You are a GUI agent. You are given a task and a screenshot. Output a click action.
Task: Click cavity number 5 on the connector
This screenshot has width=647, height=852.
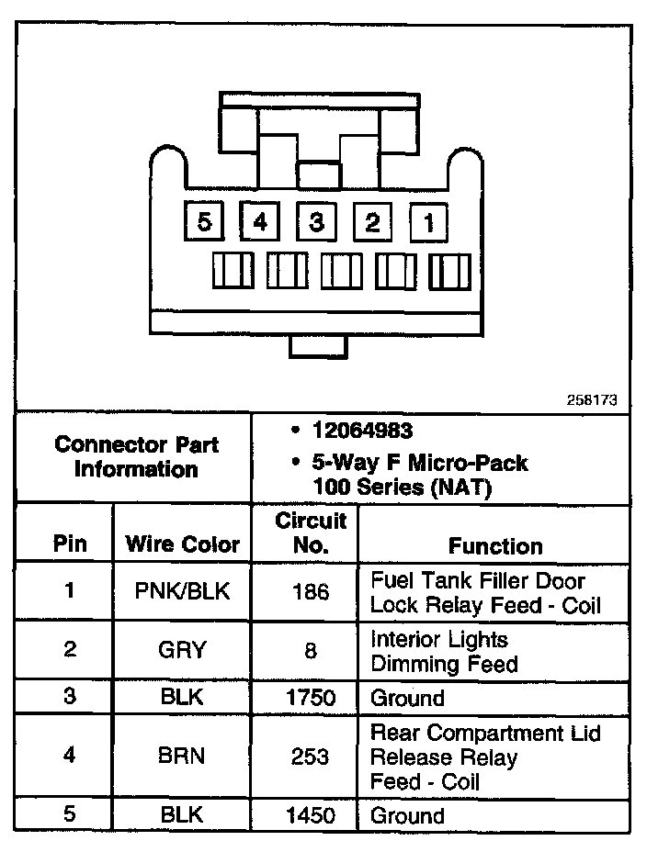point(204,222)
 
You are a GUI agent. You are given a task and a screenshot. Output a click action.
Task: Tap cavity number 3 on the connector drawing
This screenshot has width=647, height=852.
point(316,222)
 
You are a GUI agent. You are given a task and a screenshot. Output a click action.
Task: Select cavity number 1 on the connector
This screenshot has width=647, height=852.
point(428,222)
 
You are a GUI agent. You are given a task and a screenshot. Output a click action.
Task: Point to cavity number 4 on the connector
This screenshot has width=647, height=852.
point(261,222)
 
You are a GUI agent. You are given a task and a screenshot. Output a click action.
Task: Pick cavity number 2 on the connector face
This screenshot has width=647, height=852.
point(372,222)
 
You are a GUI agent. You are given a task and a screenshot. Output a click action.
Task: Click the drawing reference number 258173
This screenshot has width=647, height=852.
point(592,400)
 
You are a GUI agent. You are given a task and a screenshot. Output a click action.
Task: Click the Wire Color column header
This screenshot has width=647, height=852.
point(182,544)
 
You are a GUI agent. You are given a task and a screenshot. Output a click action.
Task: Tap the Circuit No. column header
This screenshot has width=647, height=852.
point(311,532)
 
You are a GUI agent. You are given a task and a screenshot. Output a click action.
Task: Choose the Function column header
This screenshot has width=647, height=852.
point(495,545)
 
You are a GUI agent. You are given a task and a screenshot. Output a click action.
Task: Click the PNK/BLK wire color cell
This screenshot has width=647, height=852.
point(182,591)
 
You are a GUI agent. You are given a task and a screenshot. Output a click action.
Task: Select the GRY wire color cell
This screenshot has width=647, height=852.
point(182,650)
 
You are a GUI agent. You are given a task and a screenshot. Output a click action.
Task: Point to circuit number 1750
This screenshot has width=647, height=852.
point(311,697)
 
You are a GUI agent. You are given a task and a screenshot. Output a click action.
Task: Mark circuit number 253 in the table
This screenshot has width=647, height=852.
point(311,757)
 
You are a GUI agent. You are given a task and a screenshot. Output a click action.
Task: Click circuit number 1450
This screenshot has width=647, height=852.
point(311,814)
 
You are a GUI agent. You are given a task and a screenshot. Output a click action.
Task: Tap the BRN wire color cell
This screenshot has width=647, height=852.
point(182,757)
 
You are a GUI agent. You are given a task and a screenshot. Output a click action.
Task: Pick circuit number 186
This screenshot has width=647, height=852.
point(311,591)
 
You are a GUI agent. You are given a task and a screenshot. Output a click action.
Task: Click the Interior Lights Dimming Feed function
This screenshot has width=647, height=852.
point(444,651)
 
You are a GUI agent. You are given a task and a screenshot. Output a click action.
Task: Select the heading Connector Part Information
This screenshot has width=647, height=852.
point(136,457)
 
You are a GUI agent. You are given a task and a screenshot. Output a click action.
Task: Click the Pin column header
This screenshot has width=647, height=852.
point(70,544)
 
